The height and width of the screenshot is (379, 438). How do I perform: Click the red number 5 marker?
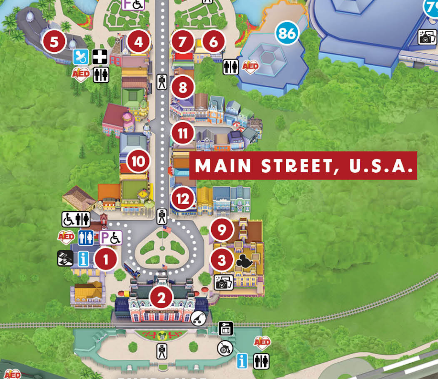click(54, 42)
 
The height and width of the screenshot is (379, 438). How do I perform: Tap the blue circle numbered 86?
click(287, 33)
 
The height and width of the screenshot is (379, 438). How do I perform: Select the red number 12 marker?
click(183, 198)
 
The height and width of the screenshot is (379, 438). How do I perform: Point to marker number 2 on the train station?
click(161, 297)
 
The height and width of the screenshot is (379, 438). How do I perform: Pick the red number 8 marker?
click(183, 87)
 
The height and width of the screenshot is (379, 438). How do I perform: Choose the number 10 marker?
click(138, 161)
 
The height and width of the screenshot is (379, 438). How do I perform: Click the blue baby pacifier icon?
click(81, 57)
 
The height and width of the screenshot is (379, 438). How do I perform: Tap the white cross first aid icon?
click(100, 57)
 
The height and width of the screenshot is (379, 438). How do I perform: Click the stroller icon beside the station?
click(198, 318)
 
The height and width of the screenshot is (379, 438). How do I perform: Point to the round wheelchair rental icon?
click(225, 349)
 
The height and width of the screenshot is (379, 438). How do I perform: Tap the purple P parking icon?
click(111, 238)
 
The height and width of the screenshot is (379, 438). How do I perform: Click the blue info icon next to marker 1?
click(83, 259)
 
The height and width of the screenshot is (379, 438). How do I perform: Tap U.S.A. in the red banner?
click(381, 166)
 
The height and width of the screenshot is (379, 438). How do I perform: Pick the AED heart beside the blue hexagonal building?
click(250, 66)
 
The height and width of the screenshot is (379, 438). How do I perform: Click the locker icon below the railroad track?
click(226, 328)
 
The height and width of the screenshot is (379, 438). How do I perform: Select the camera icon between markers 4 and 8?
click(162, 82)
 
